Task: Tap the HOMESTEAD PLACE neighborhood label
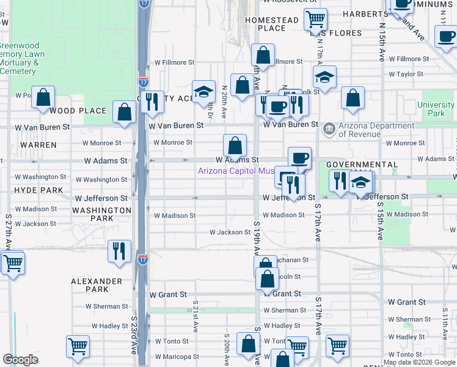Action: coord(271,24)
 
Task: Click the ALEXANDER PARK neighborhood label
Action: coord(97,285)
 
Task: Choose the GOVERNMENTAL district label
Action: coord(362,165)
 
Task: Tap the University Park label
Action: coord(436,109)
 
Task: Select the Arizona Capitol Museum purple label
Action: coord(236,171)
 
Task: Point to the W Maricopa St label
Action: coord(177,357)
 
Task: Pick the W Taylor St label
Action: coord(410,74)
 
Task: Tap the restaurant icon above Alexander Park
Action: coord(119,251)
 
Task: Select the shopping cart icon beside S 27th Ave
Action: coord(13,264)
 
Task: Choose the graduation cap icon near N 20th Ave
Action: coord(203,92)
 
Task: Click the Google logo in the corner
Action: coord(20,360)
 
